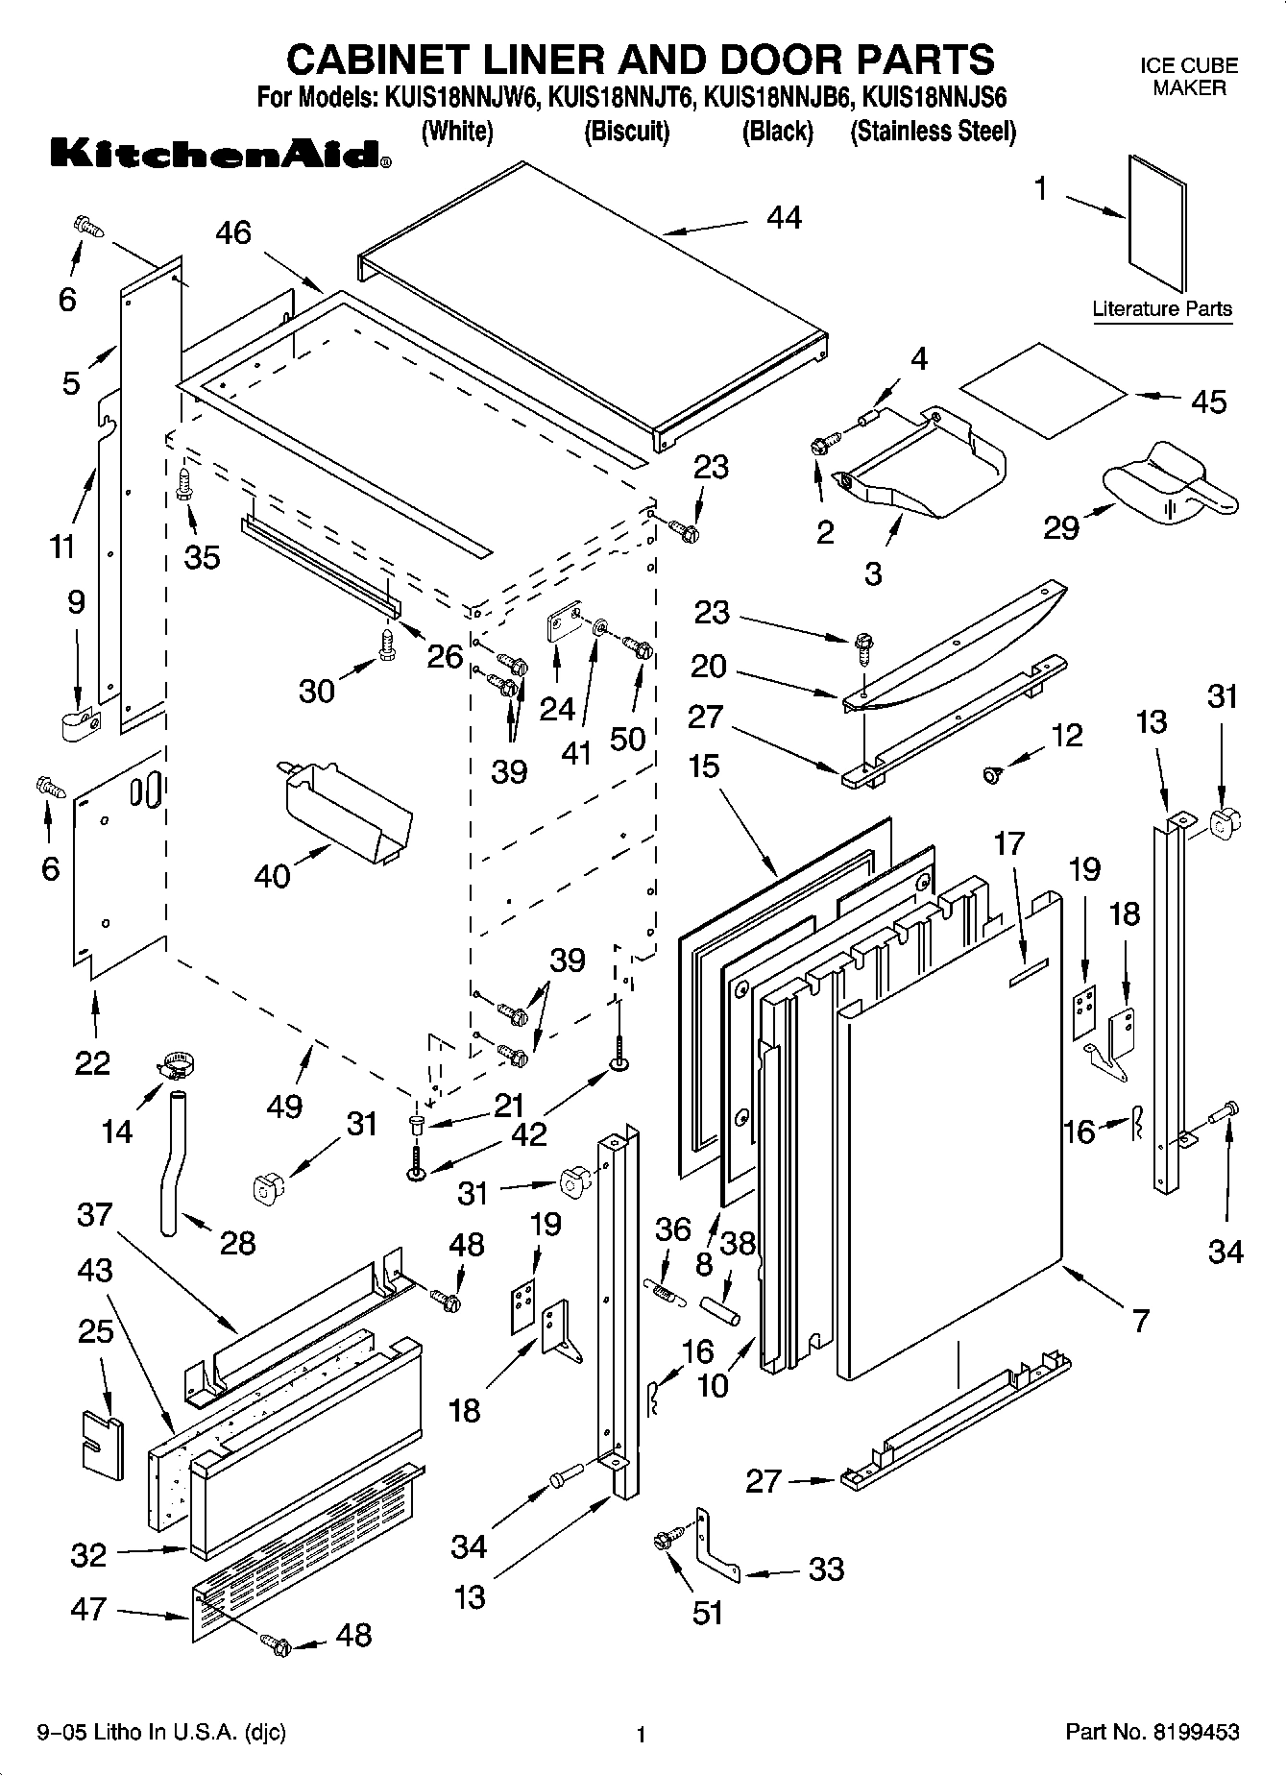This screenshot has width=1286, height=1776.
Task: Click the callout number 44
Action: click(784, 218)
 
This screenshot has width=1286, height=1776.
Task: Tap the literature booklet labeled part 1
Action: click(1157, 223)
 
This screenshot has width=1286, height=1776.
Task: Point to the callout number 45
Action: click(1208, 401)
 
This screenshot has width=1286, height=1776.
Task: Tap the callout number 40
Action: click(272, 875)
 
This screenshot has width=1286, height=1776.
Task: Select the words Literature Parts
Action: click(1162, 309)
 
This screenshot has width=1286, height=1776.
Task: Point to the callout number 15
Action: click(703, 767)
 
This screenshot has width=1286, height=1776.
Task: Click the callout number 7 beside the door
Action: click(1140, 1321)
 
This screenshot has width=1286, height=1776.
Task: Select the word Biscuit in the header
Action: click(626, 131)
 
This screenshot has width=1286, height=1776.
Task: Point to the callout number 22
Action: click(92, 1062)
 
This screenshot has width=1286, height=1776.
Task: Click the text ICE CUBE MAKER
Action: click(1189, 77)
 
